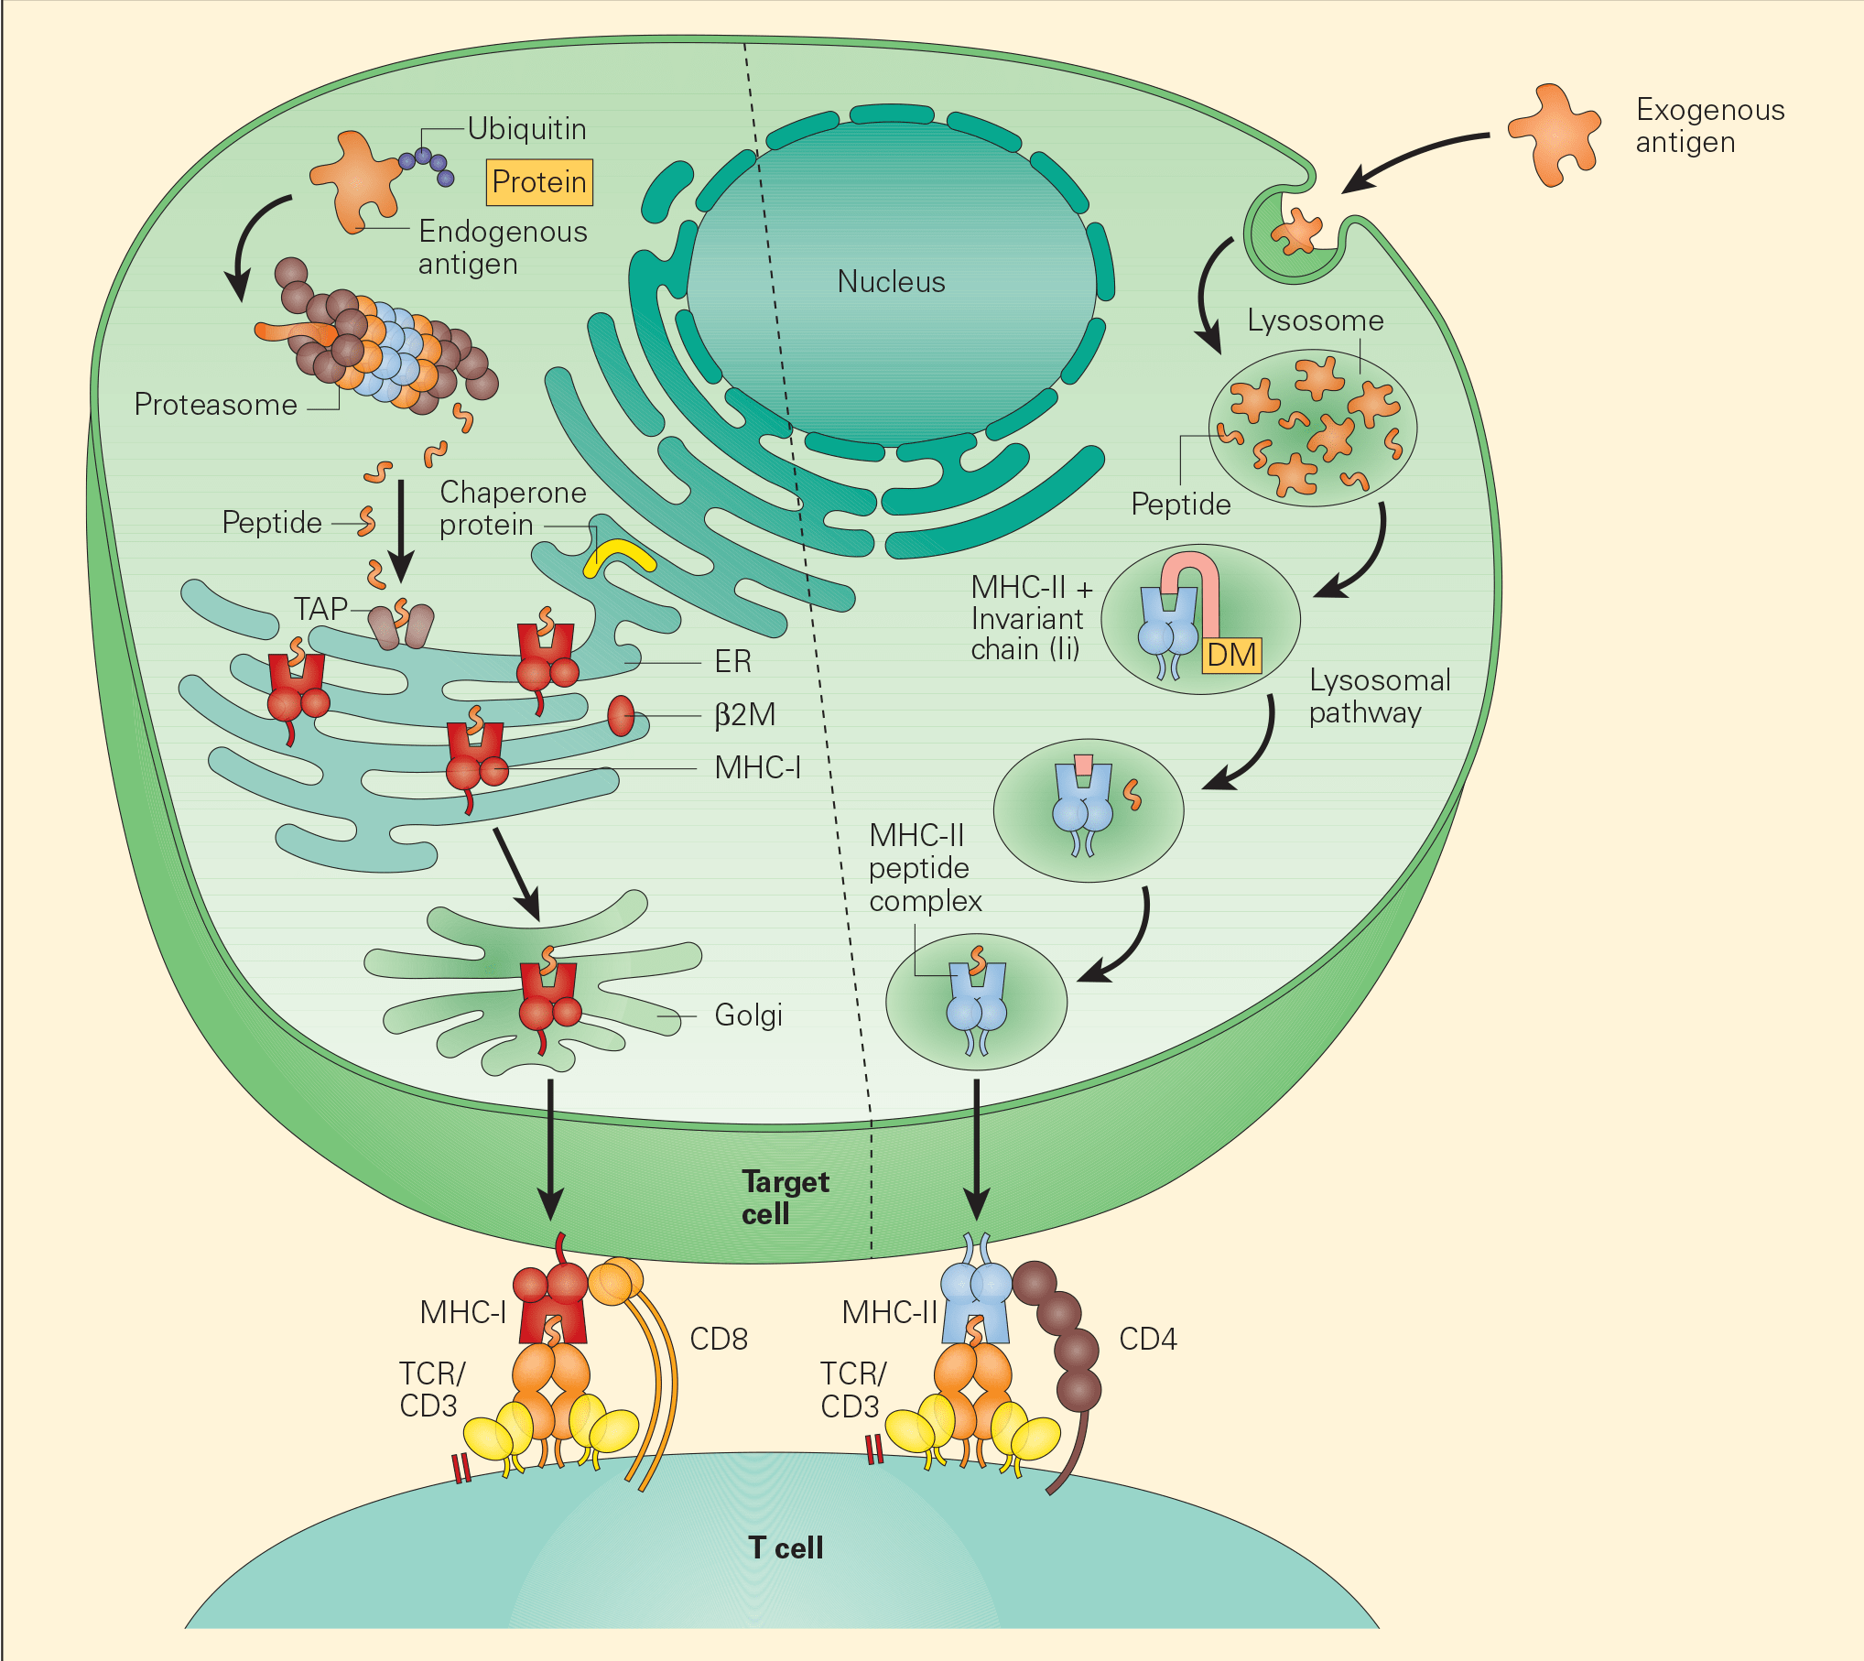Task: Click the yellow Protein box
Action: tap(538, 182)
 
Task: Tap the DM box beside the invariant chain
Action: tap(1231, 656)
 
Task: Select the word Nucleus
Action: tap(891, 282)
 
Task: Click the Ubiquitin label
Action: tap(526, 129)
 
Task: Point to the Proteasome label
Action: tap(215, 405)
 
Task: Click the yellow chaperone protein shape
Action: tap(620, 557)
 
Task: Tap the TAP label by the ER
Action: tap(320, 609)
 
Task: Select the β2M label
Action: tap(744, 714)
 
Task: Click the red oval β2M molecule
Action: tap(621, 715)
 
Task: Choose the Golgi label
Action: tap(748, 1015)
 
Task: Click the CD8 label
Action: tap(719, 1340)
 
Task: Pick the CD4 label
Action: tap(1147, 1340)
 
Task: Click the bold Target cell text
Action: tap(785, 1198)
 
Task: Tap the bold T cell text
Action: tap(786, 1547)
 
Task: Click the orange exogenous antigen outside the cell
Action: tap(1555, 136)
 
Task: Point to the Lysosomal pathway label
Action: tap(1379, 696)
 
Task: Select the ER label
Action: tap(732, 661)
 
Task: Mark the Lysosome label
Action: tap(1315, 320)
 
